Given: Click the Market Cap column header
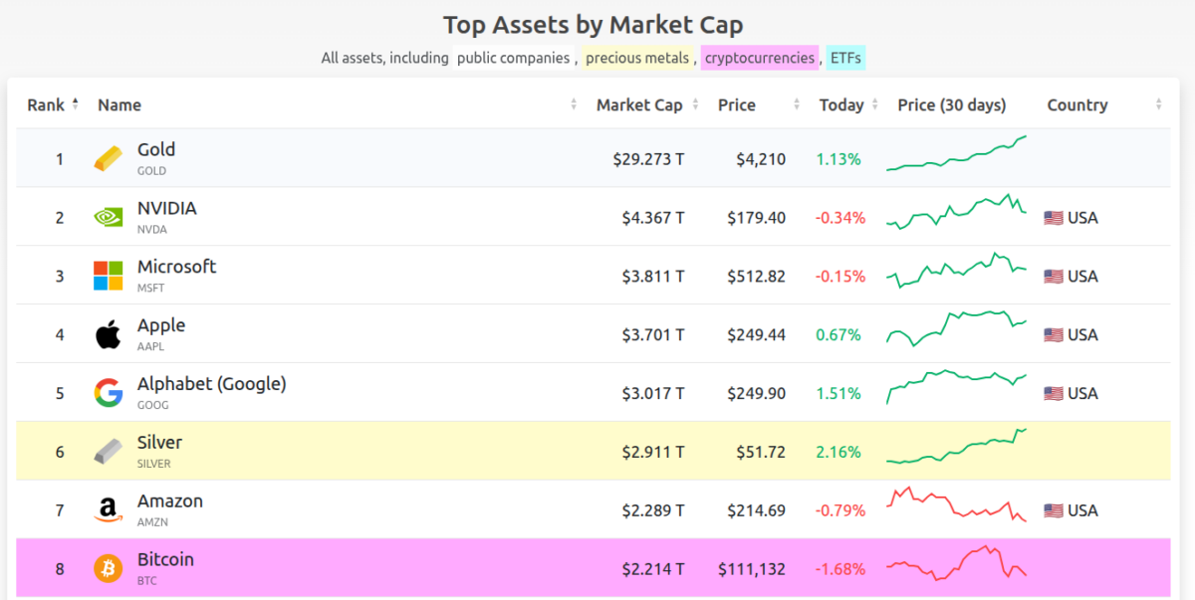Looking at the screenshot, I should [639, 104].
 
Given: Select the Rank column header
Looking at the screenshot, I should [46, 104].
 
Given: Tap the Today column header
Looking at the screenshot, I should [841, 104].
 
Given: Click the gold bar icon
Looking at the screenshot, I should [109, 158].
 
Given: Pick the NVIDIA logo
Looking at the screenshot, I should [109, 217].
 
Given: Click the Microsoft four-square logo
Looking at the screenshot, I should [109, 276].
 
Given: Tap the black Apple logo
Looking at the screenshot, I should [109, 334].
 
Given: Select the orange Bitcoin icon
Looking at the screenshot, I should [109, 569].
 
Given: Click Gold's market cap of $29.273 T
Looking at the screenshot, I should [648, 158].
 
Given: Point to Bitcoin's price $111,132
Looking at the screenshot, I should [752, 569].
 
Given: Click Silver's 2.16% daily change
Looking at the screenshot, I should [838, 452].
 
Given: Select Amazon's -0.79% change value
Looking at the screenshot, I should [840, 510].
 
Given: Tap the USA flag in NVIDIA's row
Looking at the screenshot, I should [1054, 217].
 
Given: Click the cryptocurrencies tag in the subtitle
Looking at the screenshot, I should [760, 58].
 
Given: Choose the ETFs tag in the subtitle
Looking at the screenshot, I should [845, 58].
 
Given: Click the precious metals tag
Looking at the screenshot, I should [637, 58].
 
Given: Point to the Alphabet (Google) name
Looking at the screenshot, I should [211, 383].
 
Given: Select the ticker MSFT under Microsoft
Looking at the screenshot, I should [151, 288].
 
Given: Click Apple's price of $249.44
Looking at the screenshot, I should [756, 334].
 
